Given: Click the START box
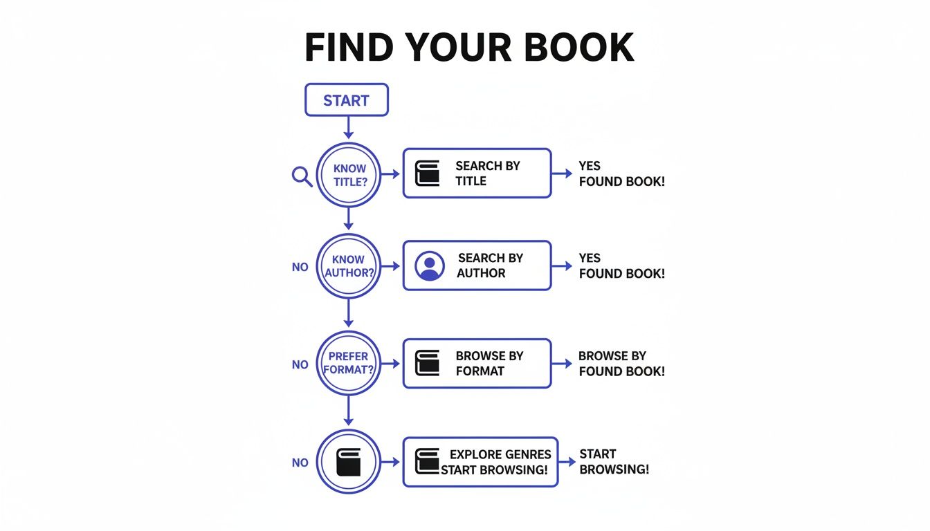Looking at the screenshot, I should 347,100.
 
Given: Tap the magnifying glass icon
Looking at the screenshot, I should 302,176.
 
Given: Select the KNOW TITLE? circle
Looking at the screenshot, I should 349,175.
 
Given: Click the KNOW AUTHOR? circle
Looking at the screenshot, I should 349,266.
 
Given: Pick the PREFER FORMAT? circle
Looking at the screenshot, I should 349,364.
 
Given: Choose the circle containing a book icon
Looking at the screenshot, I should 349,462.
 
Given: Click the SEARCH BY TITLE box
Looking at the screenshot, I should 477,174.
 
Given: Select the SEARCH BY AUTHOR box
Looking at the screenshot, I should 477,265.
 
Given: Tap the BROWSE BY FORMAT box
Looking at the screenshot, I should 477,363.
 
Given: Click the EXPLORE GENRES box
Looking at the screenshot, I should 480,462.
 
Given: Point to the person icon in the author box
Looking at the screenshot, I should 430,265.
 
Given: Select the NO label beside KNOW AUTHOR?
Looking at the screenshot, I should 300,267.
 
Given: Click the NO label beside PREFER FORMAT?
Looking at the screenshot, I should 300,365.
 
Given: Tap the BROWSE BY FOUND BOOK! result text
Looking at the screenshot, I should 621,364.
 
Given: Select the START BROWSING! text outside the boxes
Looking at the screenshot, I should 614,462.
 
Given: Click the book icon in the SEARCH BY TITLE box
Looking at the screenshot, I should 427,174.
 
